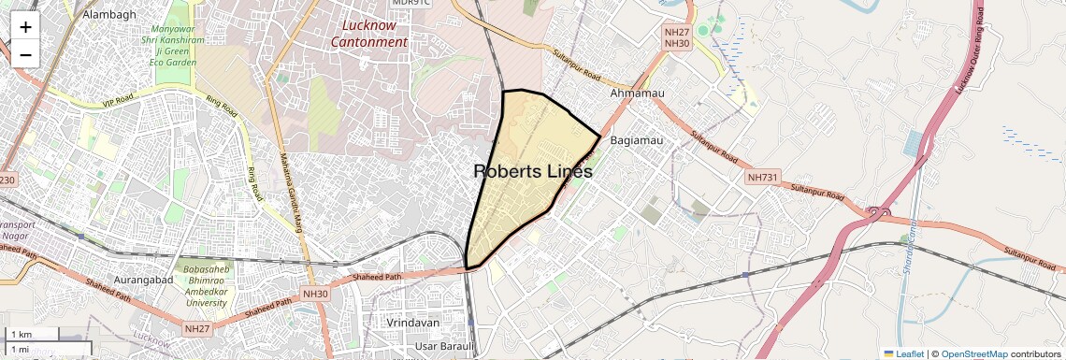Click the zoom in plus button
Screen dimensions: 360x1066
click(x=25, y=27)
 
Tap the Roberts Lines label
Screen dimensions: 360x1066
click(x=533, y=172)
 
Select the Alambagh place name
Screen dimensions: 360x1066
click(x=109, y=15)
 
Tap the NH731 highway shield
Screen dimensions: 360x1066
click(x=762, y=177)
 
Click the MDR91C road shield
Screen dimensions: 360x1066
click(x=411, y=3)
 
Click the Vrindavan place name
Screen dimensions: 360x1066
click(x=412, y=323)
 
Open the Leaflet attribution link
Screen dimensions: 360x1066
click(x=903, y=353)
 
